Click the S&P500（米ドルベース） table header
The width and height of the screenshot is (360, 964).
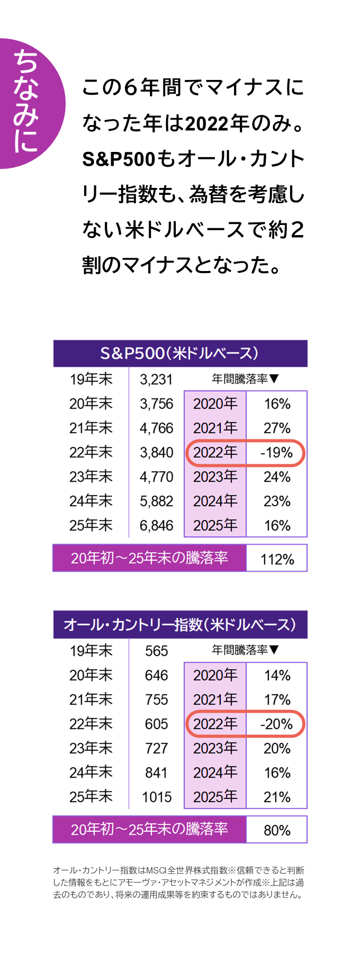(x=180, y=353)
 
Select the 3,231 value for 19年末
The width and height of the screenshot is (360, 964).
(x=156, y=380)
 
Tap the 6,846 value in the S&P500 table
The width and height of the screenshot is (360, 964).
(x=156, y=526)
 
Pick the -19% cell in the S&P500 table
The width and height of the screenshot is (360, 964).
(x=277, y=453)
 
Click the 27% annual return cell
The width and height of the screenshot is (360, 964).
(x=277, y=428)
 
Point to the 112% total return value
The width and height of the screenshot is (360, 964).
(x=277, y=559)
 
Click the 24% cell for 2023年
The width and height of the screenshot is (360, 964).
(x=277, y=477)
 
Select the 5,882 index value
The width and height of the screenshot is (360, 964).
(x=156, y=501)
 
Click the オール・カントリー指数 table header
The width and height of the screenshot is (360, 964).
(x=180, y=625)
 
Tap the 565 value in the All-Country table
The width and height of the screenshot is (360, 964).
(x=156, y=651)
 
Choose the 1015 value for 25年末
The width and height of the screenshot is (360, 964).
(x=157, y=797)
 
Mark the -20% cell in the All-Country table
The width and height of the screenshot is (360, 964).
(x=277, y=724)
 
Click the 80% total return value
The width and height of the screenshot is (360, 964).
(x=277, y=830)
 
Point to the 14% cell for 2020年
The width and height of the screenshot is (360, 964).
(x=277, y=675)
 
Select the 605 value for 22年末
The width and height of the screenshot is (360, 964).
(x=156, y=724)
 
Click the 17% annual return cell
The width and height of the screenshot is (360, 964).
(x=277, y=700)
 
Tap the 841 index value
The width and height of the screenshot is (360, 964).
(x=156, y=773)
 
